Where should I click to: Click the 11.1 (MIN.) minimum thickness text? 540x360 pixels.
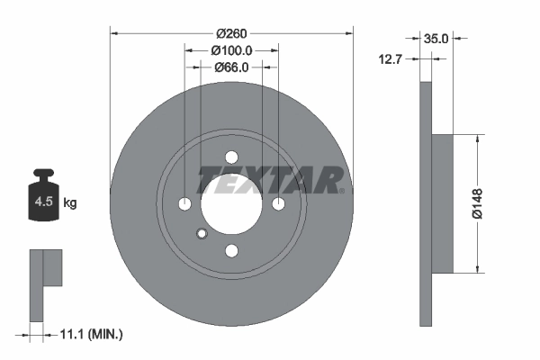point(90,334)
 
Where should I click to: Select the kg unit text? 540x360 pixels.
point(70,203)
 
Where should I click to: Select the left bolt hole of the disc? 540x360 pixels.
point(184,203)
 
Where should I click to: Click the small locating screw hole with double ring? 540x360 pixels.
point(202,234)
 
